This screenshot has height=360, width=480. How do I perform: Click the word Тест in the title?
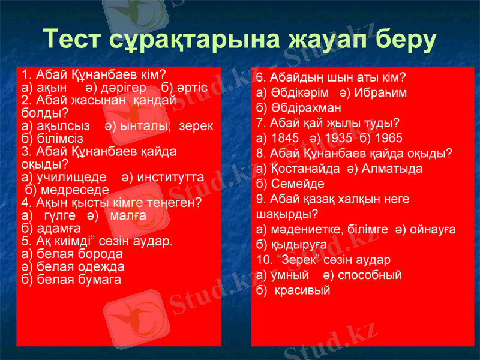pyautogui.click(x=74, y=39)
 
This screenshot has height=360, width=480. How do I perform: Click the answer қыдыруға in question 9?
pyautogui.click(x=301, y=244)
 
